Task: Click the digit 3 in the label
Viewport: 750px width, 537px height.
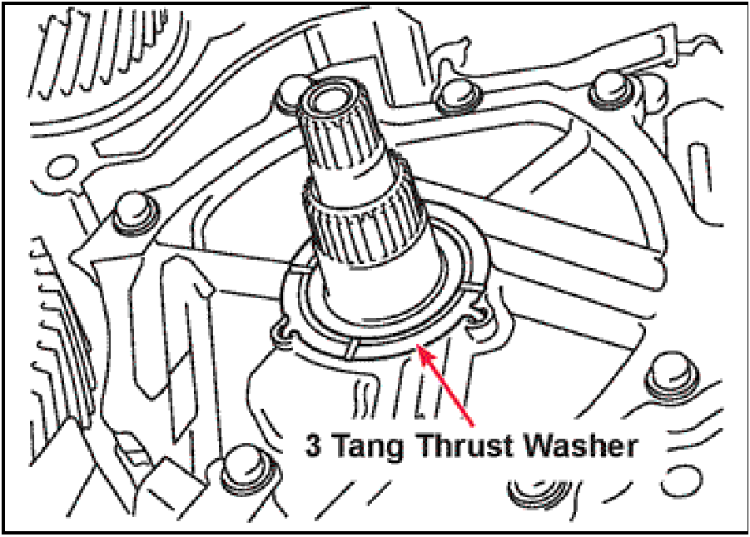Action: tap(313, 446)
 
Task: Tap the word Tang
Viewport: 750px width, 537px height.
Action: tap(367, 449)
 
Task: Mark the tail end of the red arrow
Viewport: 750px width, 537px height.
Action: tap(473, 425)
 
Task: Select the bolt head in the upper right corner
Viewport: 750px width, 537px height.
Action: tap(611, 92)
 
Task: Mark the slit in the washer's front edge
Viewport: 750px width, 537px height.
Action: tap(350, 348)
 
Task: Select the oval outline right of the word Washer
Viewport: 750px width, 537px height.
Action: tap(682, 480)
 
